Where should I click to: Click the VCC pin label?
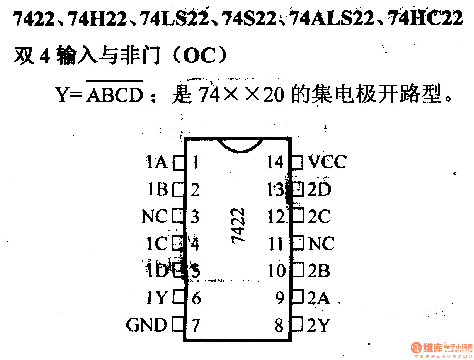click(x=327, y=162)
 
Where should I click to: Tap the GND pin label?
click(x=147, y=325)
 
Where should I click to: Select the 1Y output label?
click(x=157, y=298)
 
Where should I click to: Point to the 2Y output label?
click(x=318, y=325)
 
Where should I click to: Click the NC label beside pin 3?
click(x=154, y=216)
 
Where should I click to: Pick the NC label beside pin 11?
click(x=321, y=243)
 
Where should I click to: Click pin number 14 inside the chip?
click(x=275, y=162)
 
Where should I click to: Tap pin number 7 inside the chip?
click(x=196, y=325)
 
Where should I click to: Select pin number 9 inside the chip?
click(x=280, y=298)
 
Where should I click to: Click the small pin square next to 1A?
click(x=179, y=162)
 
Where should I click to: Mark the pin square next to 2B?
click(x=297, y=270)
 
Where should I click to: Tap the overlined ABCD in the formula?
click(x=115, y=95)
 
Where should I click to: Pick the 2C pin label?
click(x=319, y=216)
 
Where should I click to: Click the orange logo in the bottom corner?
click(x=416, y=347)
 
